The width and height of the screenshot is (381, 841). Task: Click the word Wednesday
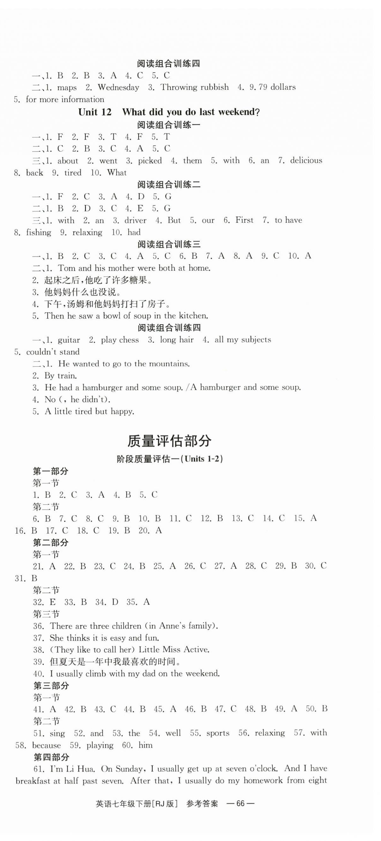pyautogui.click(x=118, y=87)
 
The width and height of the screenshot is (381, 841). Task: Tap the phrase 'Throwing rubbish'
pyautogui.click(x=194, y=87)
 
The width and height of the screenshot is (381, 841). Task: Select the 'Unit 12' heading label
pyautogui.click(x=95, y=112)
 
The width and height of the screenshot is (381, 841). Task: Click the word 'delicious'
pyautogui.click(x=306, y=160)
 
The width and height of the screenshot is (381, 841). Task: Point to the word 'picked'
pyautogui.click(x=150, y=161)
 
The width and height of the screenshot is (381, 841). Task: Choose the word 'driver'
pyautogui.click(x=135, y=220)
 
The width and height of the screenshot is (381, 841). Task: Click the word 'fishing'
pyautogui.click(x=38, y=232)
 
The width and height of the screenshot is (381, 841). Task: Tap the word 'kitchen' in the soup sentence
pyautogui.click(x=193, y=316)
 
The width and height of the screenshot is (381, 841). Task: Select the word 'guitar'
pyautogui.click(x=69, y=340)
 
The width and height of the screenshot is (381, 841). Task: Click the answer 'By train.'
pyautogui.click(x=60, y=376)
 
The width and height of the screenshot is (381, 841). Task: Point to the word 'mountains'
pyautogui.click(x=169, y=364)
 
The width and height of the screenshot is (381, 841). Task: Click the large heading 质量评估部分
pyautogui.click(x=169, y=441)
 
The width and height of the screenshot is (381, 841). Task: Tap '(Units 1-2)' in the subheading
pyautogui.click(x=204, y=459)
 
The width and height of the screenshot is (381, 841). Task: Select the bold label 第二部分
pyautogui.click(x=51, y=543)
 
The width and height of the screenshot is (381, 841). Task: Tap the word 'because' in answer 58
pyautogui.click(x=46, y=745)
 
